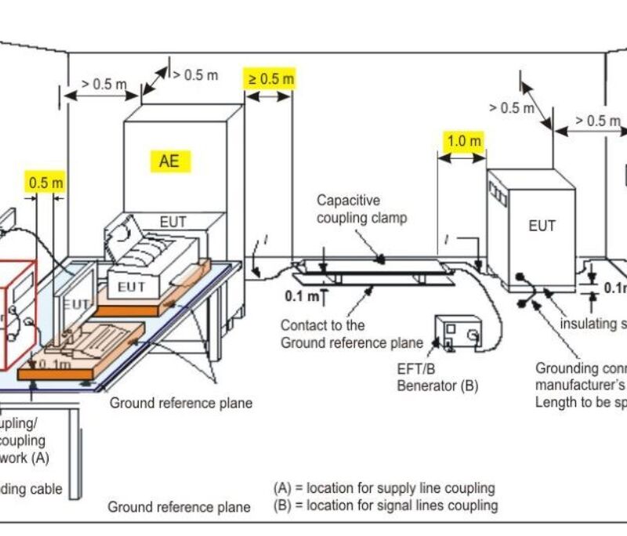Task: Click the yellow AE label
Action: (169, 161)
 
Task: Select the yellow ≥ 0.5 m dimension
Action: (270, 78)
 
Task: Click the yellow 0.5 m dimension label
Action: (45, 183)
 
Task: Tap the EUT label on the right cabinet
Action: (542, 226)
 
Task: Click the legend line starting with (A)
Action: (383, 487)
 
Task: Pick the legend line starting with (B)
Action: (385, 505)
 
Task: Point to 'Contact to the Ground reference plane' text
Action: (345, 333)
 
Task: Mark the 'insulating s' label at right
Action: (593, 324)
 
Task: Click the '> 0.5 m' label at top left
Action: (103, 84)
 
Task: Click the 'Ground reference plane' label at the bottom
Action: (179, 507)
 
